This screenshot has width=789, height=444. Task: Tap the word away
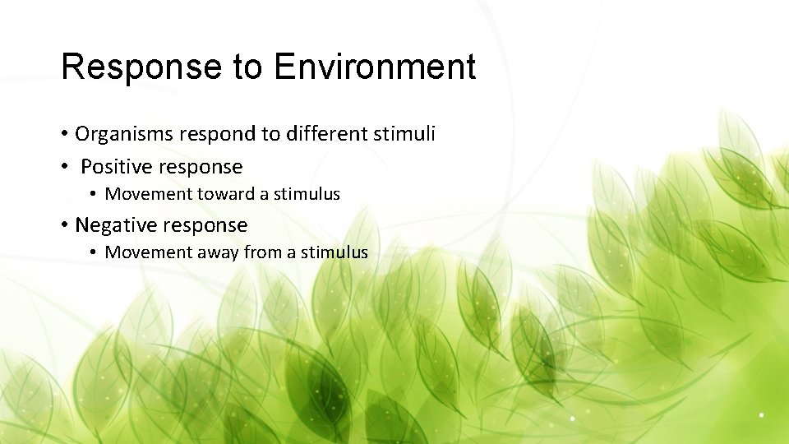[216, 252]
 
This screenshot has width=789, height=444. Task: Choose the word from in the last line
[262, 252]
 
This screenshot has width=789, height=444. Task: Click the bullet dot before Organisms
[64, 134]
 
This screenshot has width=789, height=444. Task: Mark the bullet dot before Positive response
[64, 167]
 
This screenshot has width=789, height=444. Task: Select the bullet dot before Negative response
[64, 225]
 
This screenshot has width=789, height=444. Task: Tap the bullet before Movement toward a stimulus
[95, 195]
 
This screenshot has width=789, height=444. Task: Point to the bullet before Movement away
[95, 252]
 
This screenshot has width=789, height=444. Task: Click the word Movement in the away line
[146, 252]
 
